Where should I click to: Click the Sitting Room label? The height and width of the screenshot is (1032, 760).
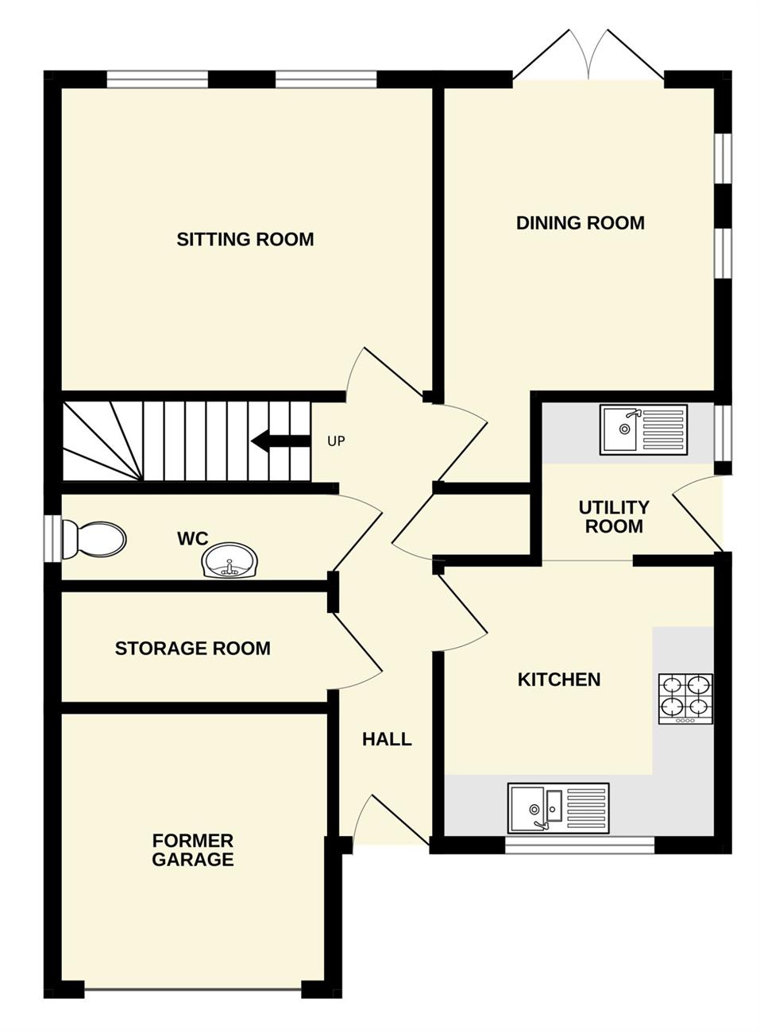(245, 240)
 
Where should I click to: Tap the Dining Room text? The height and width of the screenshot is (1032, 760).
(581, 223)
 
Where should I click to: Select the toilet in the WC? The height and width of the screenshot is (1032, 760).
(94, 539)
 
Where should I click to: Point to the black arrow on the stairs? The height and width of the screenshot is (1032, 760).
(280, 441)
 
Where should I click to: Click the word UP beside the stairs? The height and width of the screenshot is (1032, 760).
(336, 441)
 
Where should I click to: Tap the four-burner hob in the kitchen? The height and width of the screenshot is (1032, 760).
(686, 699)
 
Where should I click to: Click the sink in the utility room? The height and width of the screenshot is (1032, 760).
(643, 429)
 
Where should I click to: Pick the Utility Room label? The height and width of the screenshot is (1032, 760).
(614, 517)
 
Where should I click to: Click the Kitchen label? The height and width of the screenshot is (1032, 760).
(559, 680)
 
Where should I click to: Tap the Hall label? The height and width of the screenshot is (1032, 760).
(387, 739)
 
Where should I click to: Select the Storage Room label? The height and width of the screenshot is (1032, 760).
(193, 649)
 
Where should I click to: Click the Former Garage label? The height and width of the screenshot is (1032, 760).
(193, 850)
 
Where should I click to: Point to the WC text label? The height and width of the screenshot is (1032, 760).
(193, 538)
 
